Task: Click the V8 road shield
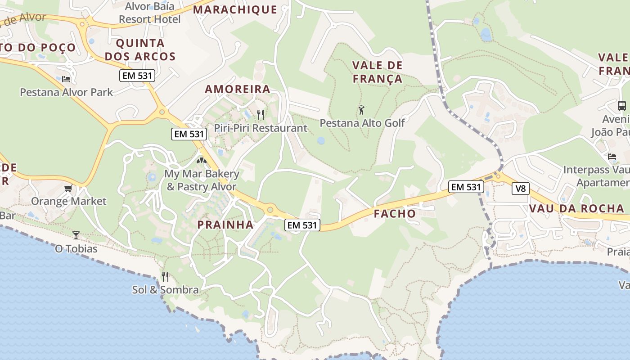click(520, 189)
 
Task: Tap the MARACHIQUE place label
click(235, 9)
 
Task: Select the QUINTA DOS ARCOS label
click(146, 49)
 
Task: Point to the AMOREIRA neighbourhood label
click(238, 89)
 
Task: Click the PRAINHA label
click(225, 225)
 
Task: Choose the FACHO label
click(395, 214)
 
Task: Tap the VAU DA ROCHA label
click(577, 208)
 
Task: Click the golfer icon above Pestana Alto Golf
click(361, 110)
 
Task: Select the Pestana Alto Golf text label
click(362, 123)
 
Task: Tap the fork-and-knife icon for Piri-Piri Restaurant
click(260, 115)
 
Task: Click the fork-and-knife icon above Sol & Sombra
click(165, 276)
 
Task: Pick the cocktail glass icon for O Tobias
click(76, 235)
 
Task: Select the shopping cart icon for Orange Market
click(68, 188)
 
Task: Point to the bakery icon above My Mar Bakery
click(202, 160)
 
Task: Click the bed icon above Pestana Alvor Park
click(66, 79)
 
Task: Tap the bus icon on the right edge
click(621, 106)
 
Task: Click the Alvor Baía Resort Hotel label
click(149, 13)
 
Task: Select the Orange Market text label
click(68, 201)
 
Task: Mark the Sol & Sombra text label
click(165, 290)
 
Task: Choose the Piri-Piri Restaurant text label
click(261, 128)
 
